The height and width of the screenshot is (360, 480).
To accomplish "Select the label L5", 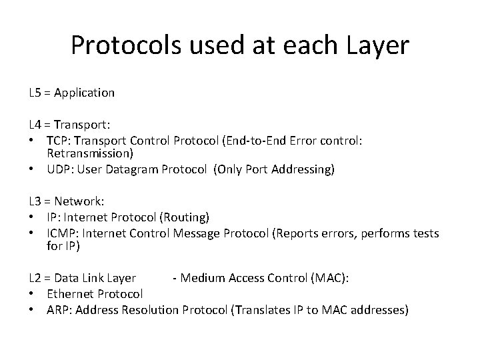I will [x=35, y=93].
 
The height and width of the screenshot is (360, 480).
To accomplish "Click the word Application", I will [x=85, y=93].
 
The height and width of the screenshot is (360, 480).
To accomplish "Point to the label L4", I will [x=35, y=124].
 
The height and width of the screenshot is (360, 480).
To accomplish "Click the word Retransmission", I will [x=86, y=153].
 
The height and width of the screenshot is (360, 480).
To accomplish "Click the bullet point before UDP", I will [x=32, y=170].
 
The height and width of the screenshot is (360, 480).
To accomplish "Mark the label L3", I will [x=35, y=200].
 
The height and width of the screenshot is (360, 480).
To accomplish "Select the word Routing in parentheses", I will [x=188, y=217].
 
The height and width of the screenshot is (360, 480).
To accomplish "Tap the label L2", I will [x=35, y=277].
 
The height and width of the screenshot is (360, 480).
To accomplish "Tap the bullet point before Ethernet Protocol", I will [x=32, y=294].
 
